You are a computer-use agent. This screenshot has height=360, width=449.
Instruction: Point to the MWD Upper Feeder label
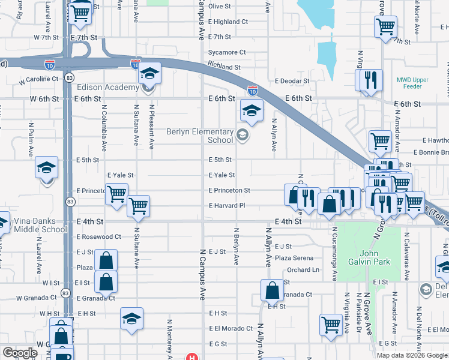(x=417, y=83)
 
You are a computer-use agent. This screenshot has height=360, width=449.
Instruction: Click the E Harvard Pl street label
(x=227, y=206)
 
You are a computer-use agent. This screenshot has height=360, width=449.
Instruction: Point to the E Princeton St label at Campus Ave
(x=229, y=190)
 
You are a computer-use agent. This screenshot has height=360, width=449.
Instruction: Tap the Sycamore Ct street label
(x=228, y=52)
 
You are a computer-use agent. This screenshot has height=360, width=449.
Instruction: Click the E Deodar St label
(x=292, y=81)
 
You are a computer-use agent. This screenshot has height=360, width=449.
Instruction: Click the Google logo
(x=20, y=353)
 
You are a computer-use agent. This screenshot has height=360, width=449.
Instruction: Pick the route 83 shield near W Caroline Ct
(x=70, y=78)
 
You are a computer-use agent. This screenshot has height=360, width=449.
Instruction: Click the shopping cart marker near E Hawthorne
(x=380, y=141)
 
